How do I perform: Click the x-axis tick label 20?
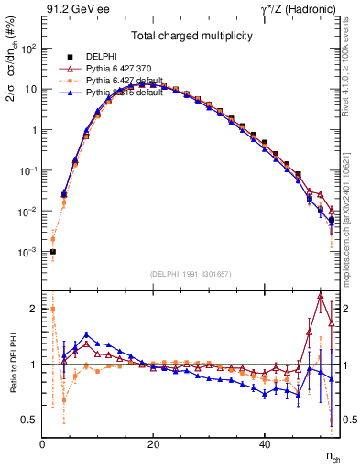[153, 443]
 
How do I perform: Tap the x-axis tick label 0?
[42, 443]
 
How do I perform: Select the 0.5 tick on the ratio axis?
[29, 420]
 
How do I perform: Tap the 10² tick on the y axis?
[27, 49]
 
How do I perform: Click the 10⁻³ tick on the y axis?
[27, 251]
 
